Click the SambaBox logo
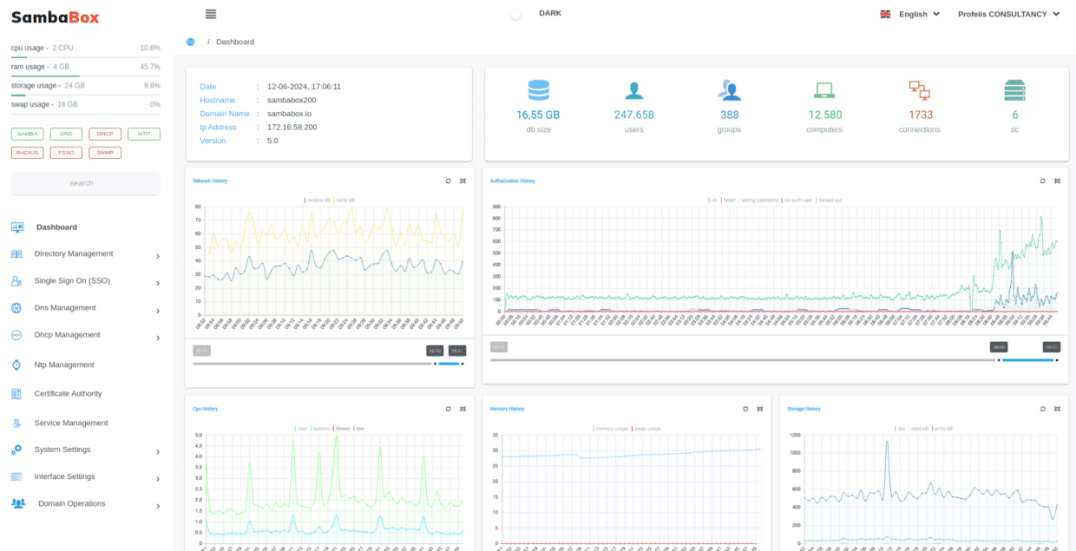pyautogui.click(x=55, y=16)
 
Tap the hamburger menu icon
pyautogui.click(x=211, y=14)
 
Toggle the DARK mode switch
pyautogui.click(x=515, y=15)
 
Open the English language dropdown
pyautogui.click(x=911, y=15)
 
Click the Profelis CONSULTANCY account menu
pyautogui.click(x=1008, y=15)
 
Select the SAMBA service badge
pyautogui.click(x=28, y=134)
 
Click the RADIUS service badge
pyautogui.click(x=28, y=153)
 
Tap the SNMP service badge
pyautogui.click(x=105, y=153)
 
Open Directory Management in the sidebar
pyautogui.click(x=74, y=254)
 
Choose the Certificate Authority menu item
pyautogui.click(x=68, y=394)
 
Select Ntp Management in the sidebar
pyautogui.click(x=64, y=365)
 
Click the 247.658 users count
pyautogui.click(x=633, y=115)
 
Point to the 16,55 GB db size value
pyautogui.click(x=538, y=115)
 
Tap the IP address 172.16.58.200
pyautogui.click(x=292, y=128)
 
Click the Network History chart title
pyautogui.click(x=210, y=180)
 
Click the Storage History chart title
pyautogui.click(x=804, y=409)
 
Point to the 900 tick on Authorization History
pyautogui.click(x=497, y=207)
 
